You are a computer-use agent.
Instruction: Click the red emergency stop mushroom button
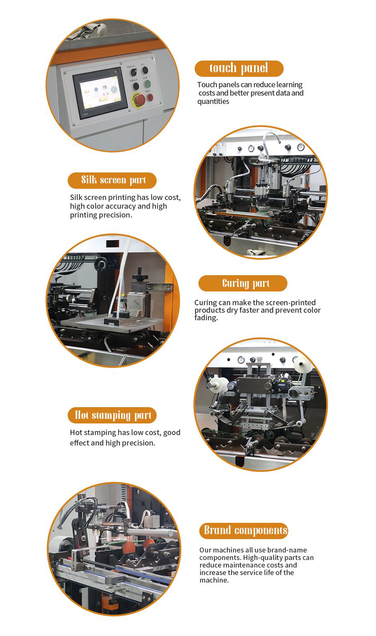[140, 99]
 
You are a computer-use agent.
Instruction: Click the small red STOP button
[150, 97]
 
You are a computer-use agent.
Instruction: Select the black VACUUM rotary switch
[133, 72]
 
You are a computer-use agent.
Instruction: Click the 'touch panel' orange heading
[239, 68]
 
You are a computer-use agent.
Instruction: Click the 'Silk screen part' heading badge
[112, 180]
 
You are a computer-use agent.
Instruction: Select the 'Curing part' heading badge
[243, 283]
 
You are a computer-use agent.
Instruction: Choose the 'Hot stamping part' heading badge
[112, 415]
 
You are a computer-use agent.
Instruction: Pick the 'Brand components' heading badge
[244, 530]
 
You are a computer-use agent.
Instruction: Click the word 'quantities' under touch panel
[213, 101]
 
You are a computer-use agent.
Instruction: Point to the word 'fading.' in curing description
[206, 318]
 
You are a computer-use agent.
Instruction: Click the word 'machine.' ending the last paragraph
[214, 580]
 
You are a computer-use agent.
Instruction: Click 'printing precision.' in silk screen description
[101, 215]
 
